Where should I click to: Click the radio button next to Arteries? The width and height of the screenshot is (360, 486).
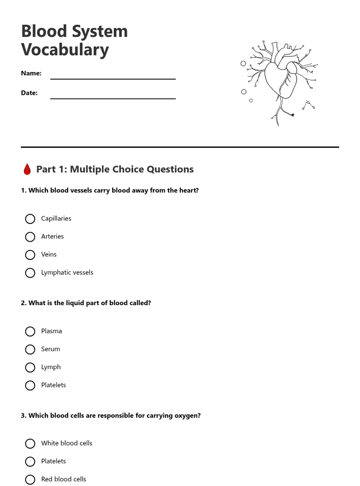click(30, 237)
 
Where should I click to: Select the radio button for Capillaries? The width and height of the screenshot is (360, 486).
click(30, 219)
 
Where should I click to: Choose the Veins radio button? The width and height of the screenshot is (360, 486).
click(30, 255)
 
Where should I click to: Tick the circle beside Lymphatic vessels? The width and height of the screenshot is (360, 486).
click(30, 273)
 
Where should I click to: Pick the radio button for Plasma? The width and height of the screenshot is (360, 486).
click(30, 332)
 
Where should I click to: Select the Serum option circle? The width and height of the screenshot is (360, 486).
click(30, 350)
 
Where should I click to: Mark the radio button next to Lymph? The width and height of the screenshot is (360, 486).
click(30, 368)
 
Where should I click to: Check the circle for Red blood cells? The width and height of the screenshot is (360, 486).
click(30, 479)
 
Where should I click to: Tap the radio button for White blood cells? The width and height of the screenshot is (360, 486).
click(30, 443)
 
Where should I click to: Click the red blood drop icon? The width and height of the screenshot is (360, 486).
click(27, 170)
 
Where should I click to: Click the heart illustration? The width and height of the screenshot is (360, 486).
click(280, 80)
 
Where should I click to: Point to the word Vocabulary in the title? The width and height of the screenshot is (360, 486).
click(65, 50)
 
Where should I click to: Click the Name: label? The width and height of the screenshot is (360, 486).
click(31, 73)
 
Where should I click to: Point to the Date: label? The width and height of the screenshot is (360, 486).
click(29, 93)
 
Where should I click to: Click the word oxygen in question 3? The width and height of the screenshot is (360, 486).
click(187, 416)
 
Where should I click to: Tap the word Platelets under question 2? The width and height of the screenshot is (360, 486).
click(53, 385)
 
